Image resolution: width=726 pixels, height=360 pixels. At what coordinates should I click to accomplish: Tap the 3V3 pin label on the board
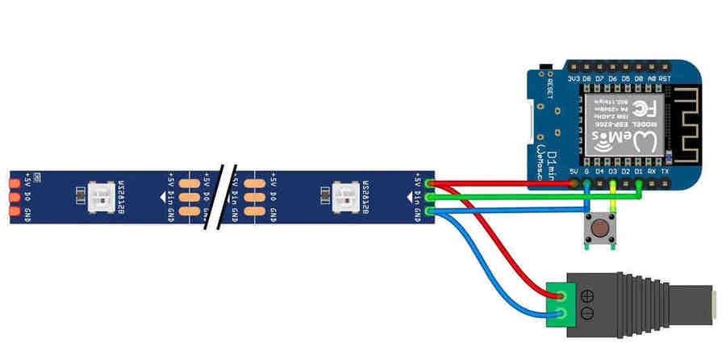point(574,78)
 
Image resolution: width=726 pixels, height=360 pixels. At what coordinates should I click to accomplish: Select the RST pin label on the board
point(665,78)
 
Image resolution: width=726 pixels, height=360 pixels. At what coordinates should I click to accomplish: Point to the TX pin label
point(665,172)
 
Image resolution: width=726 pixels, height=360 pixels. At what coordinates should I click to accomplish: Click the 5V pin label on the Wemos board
point(574,172)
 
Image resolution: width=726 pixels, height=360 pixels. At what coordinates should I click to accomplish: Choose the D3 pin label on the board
point(612,172)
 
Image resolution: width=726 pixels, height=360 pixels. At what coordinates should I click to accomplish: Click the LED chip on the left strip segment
point(102,196)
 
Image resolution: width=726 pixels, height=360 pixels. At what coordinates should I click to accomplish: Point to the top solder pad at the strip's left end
point(15,183)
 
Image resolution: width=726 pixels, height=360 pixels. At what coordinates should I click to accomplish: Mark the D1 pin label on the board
point(639,172)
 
